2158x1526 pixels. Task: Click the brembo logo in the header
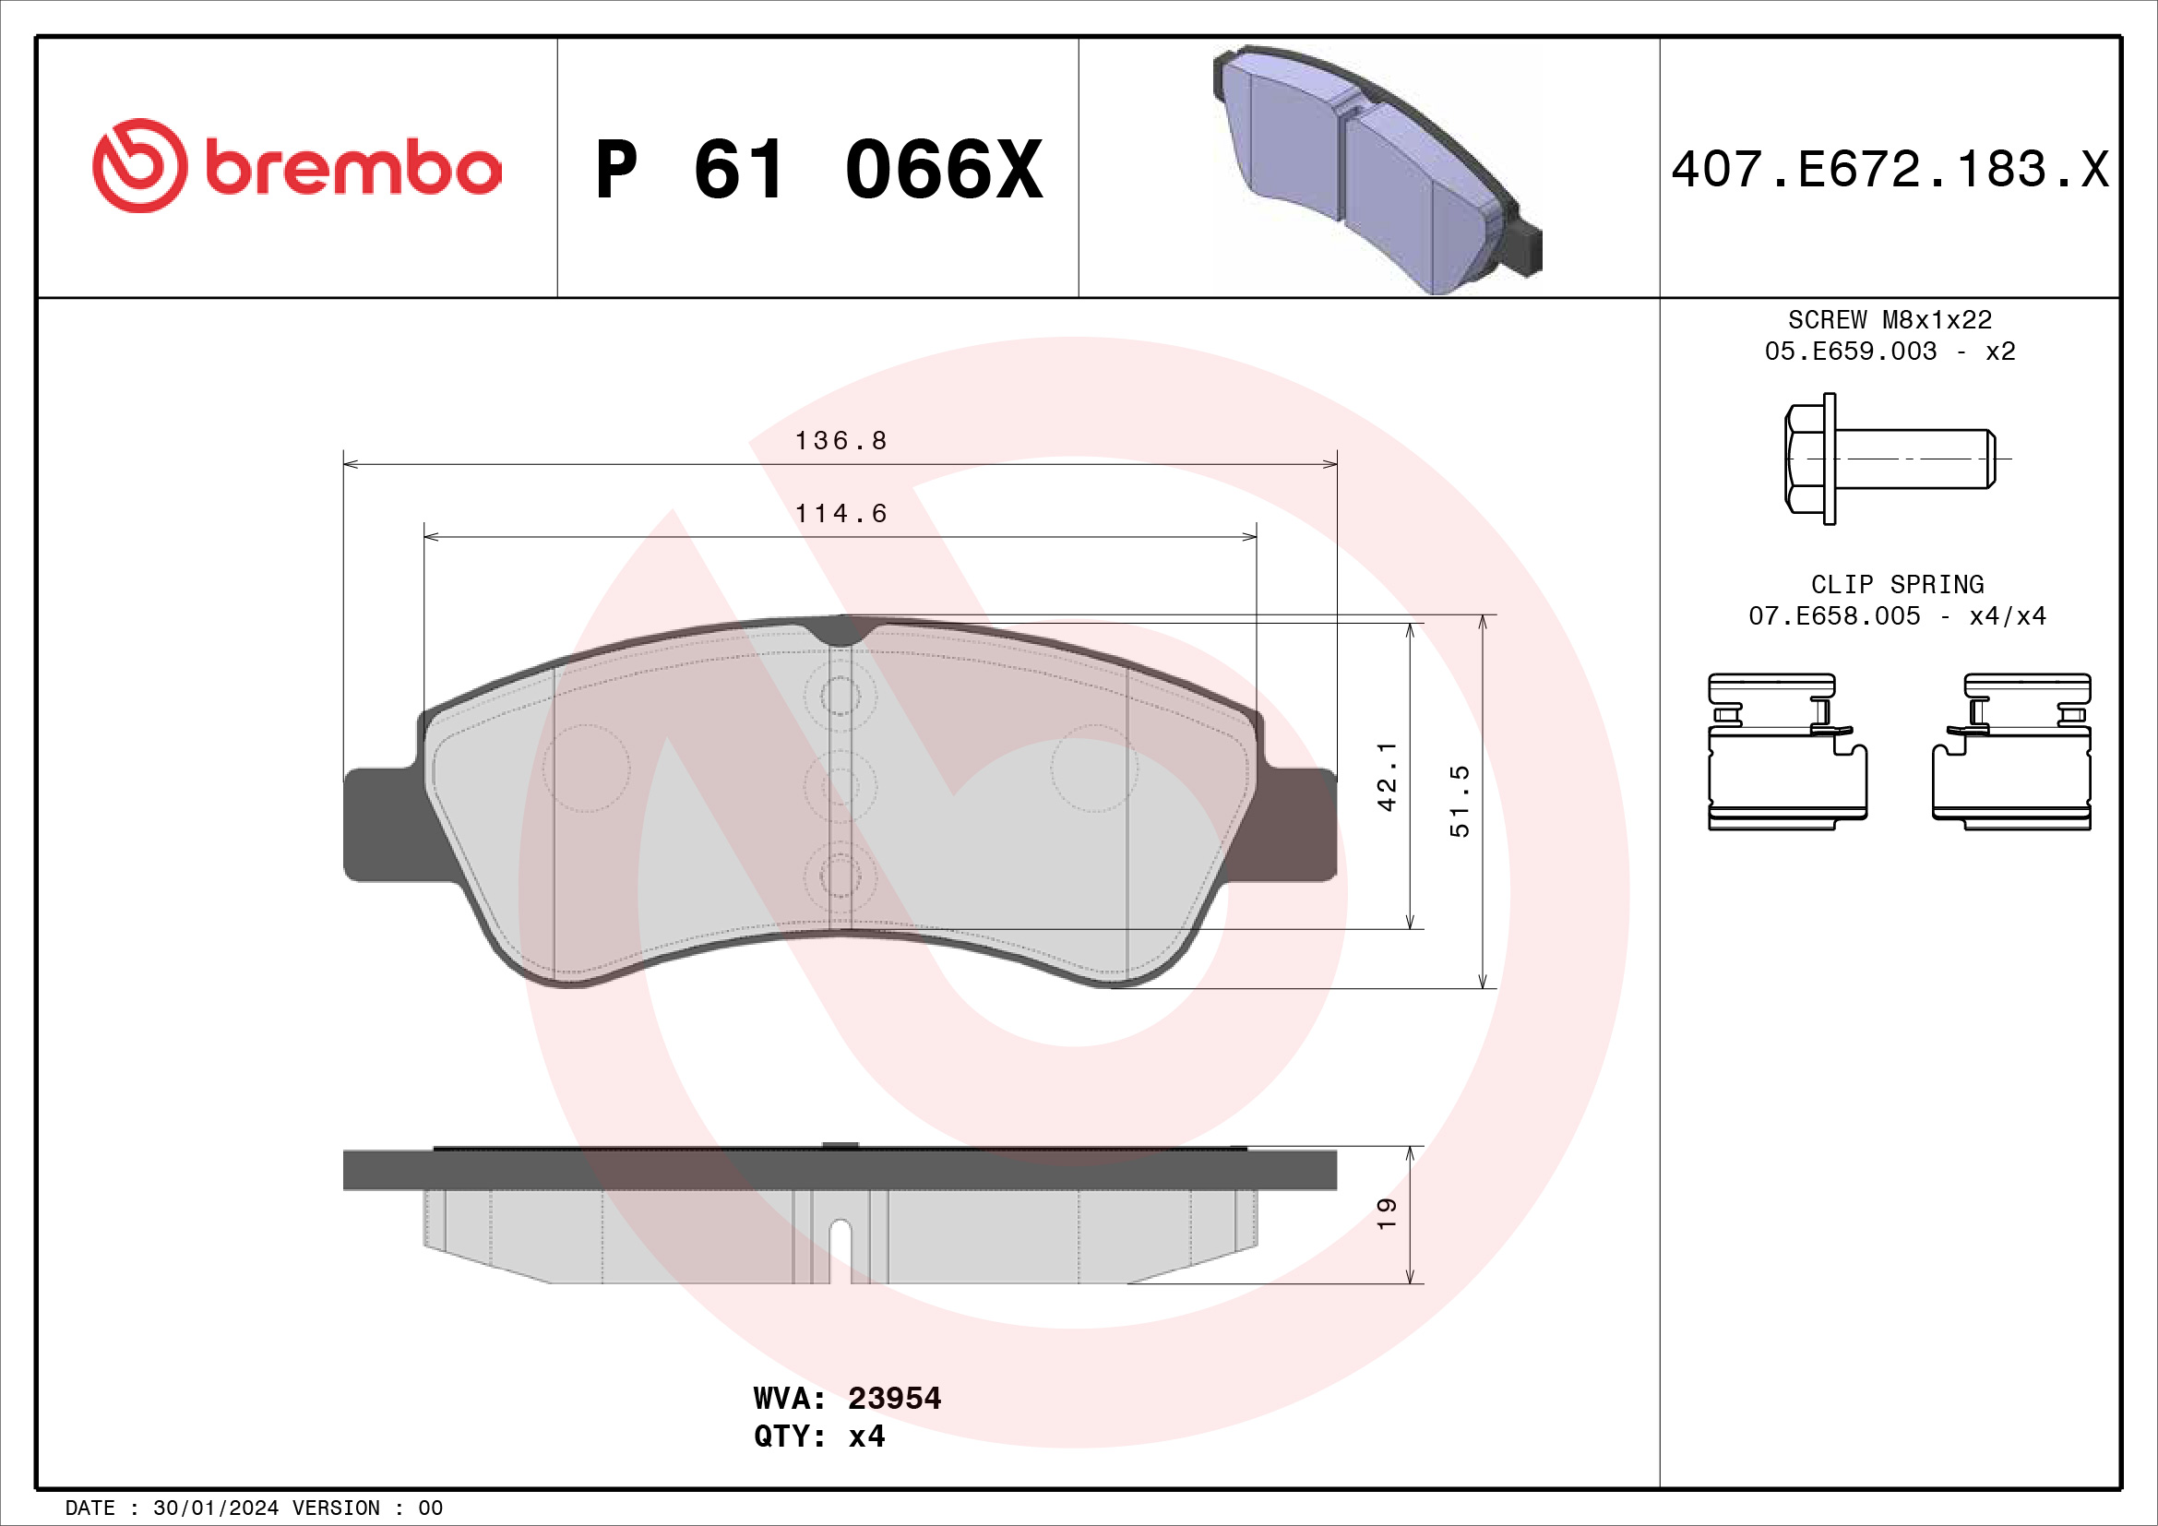297,165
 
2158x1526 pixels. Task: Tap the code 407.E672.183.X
1890,169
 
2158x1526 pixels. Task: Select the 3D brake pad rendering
1377,169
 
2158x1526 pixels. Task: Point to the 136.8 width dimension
841,440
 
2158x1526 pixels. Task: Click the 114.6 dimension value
841,513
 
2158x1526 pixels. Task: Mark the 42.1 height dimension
1387,776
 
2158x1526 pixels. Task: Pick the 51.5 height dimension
1459,801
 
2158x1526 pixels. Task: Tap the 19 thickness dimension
1387,1214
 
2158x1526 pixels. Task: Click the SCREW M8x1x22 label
1890,319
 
